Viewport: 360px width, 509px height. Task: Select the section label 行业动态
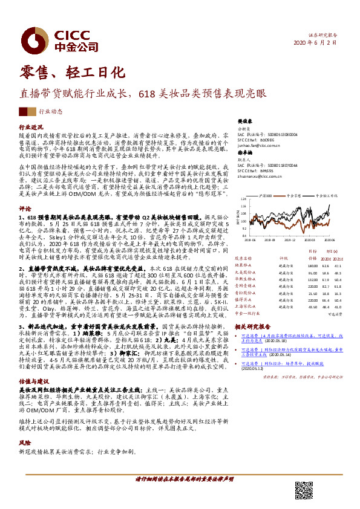pos(51,112)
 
